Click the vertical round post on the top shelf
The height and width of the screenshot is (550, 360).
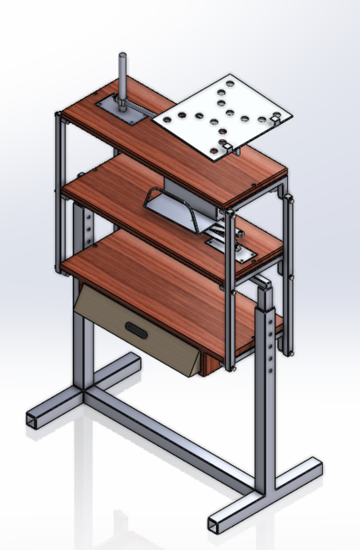tap(123, 82)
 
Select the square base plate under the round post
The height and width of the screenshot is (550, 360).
tap(119, 113)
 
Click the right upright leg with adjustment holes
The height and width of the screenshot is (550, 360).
tap(268, 387)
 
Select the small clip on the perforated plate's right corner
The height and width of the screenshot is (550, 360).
tap(276, 119)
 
